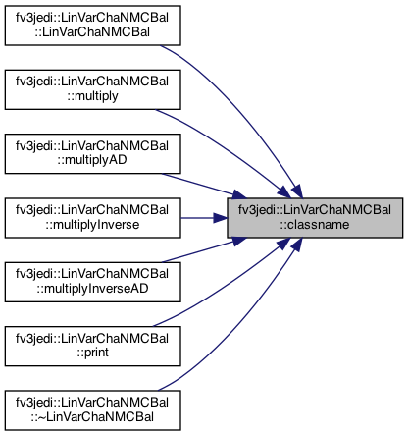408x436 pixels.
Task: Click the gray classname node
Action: tap(315, 218)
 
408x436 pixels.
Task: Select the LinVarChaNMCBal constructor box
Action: tap(93, 26)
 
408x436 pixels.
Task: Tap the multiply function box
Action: tap(93, 89)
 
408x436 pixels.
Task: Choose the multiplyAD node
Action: tap(93, 153)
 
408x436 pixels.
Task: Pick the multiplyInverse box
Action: tap(93, 218)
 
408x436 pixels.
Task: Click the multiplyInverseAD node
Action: tap(93, 282)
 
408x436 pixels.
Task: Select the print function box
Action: tap(93, 346)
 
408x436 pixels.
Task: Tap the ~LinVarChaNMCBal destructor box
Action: tap(93, 410)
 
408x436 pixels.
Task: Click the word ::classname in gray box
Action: tap(315, 225)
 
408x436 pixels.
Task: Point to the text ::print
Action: tap(93, 353)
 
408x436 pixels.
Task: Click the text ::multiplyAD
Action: tap(92, 160)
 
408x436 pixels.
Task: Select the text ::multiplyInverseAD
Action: tap(92, 289)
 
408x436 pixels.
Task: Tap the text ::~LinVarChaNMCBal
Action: tap(92, 417)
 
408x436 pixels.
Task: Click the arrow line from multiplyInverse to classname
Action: tap(204, 218)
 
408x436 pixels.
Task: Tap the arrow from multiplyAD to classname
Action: tap(204, 186)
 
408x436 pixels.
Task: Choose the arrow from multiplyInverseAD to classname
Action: tap(204, 249)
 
